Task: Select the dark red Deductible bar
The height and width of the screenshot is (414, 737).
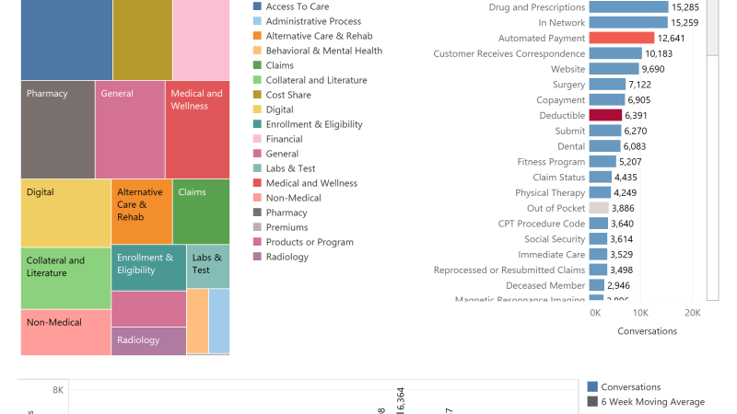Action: point(605,116)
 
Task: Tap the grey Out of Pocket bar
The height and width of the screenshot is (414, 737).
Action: point(599,209)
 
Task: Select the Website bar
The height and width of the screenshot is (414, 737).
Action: point(614,69)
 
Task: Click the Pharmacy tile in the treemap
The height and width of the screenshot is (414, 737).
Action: point(57,130)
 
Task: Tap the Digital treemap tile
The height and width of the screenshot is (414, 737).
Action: point(65,213)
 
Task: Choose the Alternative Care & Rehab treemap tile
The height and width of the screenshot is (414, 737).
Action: point(142,212)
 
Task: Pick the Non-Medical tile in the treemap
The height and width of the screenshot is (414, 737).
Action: point(65,332)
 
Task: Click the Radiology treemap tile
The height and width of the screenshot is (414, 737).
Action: point(148,340)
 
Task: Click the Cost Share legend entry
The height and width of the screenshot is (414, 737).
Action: point(288,95)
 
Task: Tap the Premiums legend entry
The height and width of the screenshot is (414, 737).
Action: point(287,227)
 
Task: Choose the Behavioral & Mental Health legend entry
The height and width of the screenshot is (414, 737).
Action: point(323,51)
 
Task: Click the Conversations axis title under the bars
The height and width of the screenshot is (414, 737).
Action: point(647,331)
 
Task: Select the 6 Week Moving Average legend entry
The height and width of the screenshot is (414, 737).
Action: point(652,402)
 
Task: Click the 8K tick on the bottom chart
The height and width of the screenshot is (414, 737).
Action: point(57,391)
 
